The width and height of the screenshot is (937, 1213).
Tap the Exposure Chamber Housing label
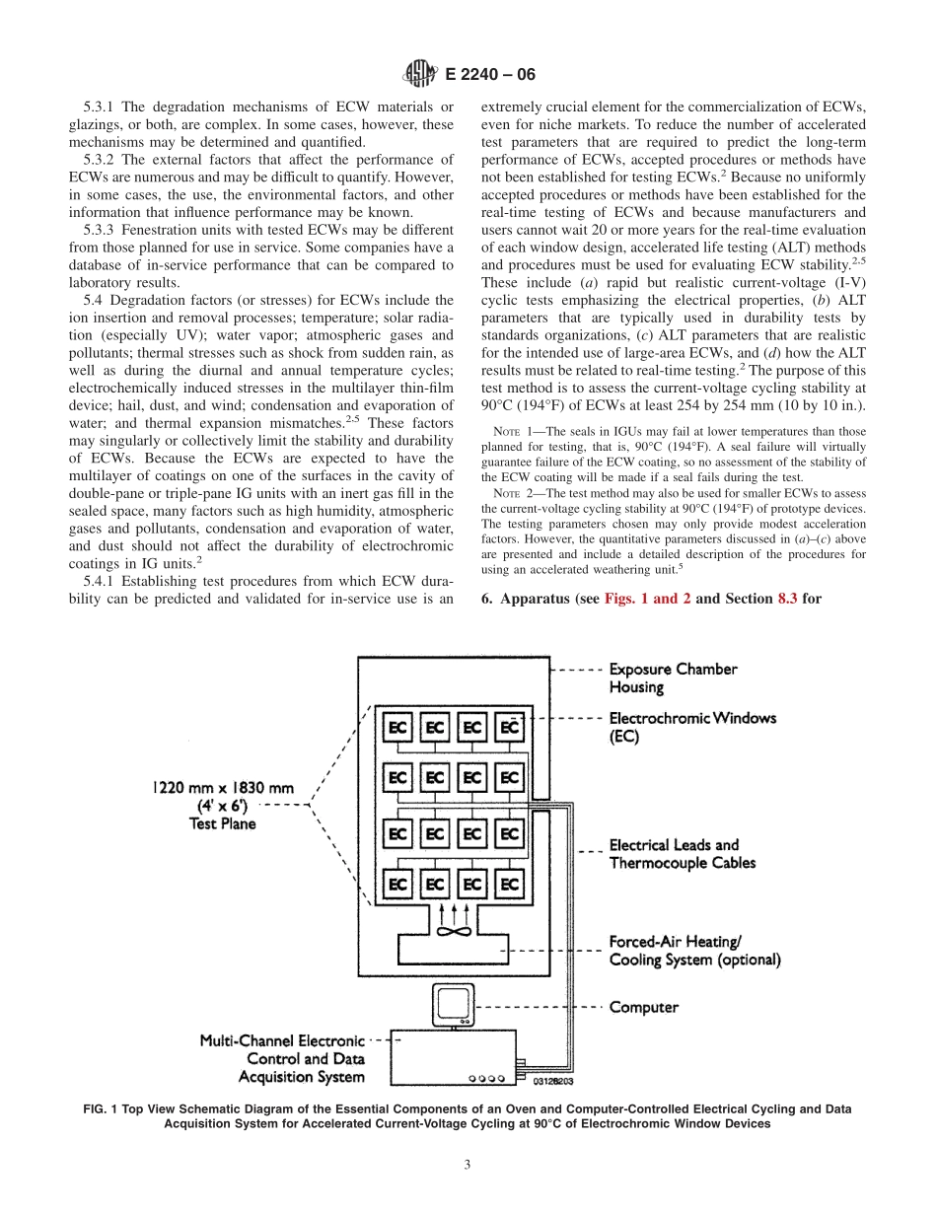click(x=673, y=678)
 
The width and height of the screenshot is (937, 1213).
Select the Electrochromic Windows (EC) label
click(x=691, y=727)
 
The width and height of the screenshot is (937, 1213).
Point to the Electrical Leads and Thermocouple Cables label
click(x=682, y=854)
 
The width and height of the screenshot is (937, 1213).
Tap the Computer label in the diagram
click(x=643, y=1008)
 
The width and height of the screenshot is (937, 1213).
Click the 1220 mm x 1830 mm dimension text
click(x=223, y=790)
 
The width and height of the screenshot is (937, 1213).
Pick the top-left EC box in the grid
click(x=397, y=728)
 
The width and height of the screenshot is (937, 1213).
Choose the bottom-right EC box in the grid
click(x=509, y=885)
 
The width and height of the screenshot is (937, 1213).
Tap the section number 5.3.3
click(x=104, y=230)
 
